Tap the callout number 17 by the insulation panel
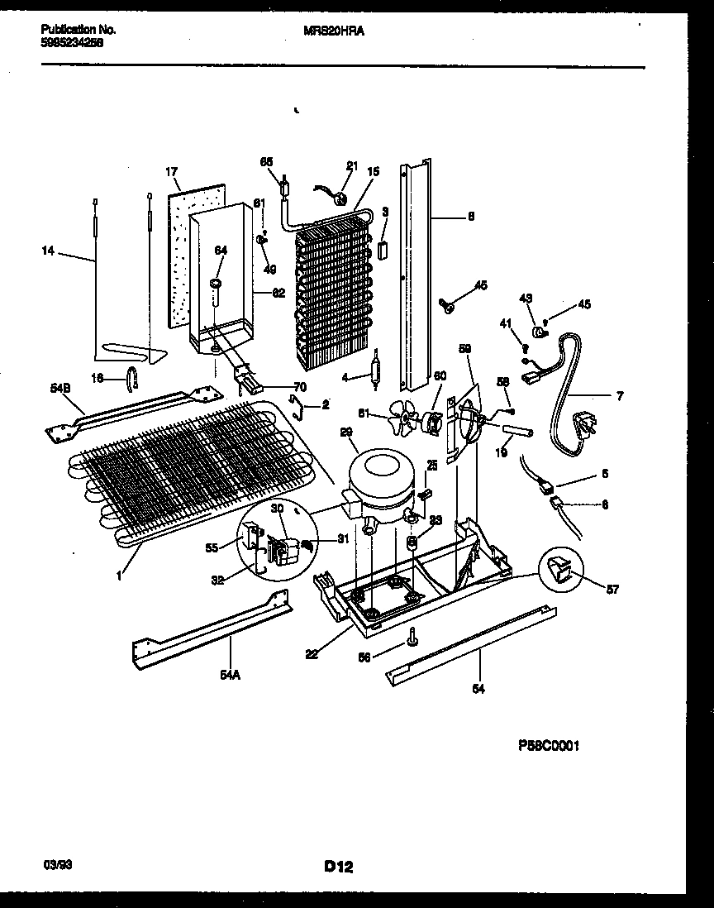coord(171,173)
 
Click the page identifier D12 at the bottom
coord(339,867)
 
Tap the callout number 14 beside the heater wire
coord(48,251)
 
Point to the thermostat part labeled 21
coord(340,196)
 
